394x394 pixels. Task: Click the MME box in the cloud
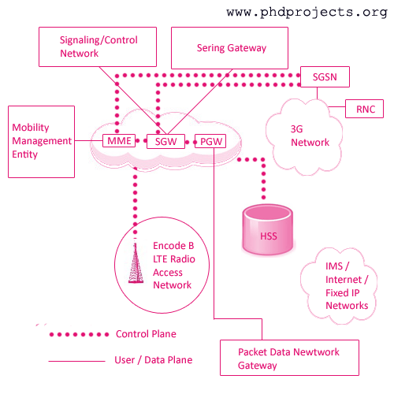tap(119, 141)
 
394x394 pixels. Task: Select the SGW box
tap(165, 142)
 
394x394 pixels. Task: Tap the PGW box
tap(210, 141)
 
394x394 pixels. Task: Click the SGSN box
tap(325, 76)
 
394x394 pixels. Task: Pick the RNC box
tap(364, 109)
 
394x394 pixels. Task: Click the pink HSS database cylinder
tap(268, 230)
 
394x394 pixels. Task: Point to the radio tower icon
tap(136, 262)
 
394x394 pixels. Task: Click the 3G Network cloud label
tap(310, 136)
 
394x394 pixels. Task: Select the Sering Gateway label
tap(232, 48)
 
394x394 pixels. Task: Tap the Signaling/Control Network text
tap(98, 46)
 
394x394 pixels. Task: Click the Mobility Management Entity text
tap(42, 141)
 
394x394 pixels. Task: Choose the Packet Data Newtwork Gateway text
tap(288, 359)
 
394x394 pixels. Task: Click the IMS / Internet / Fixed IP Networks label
tap(347, 286)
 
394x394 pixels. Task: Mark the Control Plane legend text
tap(146, 334)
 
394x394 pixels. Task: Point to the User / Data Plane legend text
tap(154, 360)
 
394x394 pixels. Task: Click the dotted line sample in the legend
tap(79, 334)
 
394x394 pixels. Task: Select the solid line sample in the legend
tap(76, 361)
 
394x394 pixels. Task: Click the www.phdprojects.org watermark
tap(307, 13)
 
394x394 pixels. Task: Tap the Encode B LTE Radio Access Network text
tap(174, 266)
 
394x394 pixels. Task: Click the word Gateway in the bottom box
tap(258, 366)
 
